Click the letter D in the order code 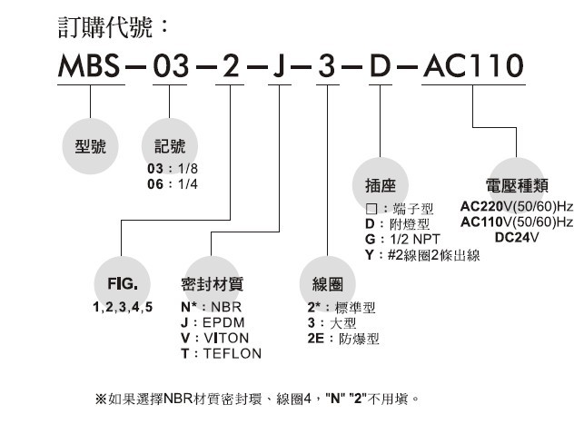tap(377, 66)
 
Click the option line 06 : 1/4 tap(172, 183)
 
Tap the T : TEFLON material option tap(221, 352)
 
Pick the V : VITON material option tap(215, 337)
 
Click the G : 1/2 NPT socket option tap(397, 240)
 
